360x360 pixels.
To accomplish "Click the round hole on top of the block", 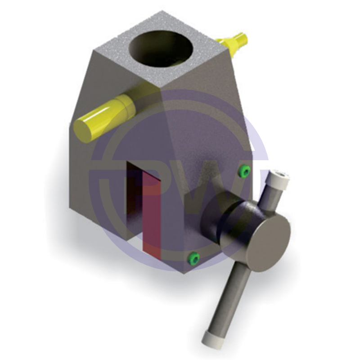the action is pyautogui.click(x=162, y=50).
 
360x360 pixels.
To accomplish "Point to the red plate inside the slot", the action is pyautogui.click(x=151, y=213).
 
